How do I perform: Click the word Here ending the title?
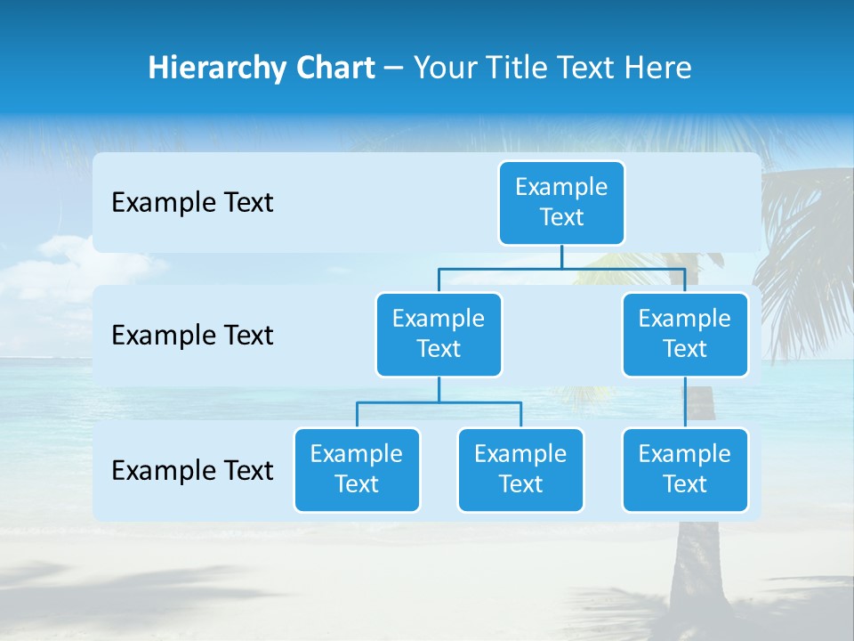(x=658, y=68)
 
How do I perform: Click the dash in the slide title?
(x=394, y=69)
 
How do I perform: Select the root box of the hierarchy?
(x=561, y=202)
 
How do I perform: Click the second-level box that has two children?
(x=439, y=334)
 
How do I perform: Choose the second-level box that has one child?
(x=685, y=334)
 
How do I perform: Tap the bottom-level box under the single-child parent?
(x=685, y=469)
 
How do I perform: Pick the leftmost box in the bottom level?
(x=357, y=469)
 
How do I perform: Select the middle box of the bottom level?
(x=520, y=469)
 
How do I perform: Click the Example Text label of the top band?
(x=192, y=202)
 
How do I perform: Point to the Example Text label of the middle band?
(x=192, y=335)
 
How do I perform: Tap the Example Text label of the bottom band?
(x=192, y=470)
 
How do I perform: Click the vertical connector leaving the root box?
(x=561, y=256)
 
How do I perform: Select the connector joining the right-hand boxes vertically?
(x=685, y=402)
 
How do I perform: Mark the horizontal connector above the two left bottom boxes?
(x=439, y=402)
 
